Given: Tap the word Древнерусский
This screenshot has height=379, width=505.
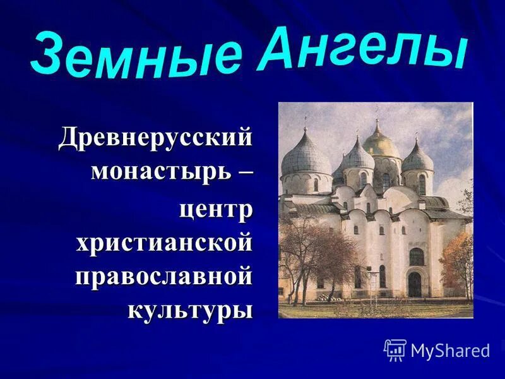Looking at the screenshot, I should (x=155, y=138).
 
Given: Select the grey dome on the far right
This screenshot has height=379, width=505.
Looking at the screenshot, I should (x=418, y=157).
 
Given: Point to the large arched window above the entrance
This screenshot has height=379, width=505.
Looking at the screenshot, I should (x=417, y=256).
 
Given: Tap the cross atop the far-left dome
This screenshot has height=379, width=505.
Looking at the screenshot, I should (x=306, y=121).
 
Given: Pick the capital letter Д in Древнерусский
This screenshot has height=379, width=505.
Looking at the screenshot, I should (x=69, y=138).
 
